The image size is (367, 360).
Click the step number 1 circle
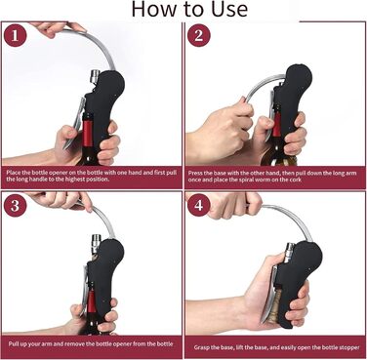tap(15, 35)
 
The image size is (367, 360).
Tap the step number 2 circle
tap(198, 35)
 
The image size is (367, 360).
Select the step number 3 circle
tap(15, 206)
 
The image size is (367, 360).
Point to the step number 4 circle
tap(198, 205)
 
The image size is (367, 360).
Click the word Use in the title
tap(229, 9)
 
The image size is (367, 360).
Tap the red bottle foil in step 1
tap(87, 135)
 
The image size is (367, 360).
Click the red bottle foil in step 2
tap(276, 126)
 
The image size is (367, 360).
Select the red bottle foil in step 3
tap(92, 301)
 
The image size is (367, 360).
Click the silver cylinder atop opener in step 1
tap(95, 77)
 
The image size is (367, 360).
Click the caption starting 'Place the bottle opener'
tap(91, 176)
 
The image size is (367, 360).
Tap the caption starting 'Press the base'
tap(272, 177)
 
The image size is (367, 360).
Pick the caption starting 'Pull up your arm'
tap(91, 343)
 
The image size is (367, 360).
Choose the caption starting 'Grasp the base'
tap(276, 347)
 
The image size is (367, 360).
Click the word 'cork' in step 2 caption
tap(295, 180)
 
